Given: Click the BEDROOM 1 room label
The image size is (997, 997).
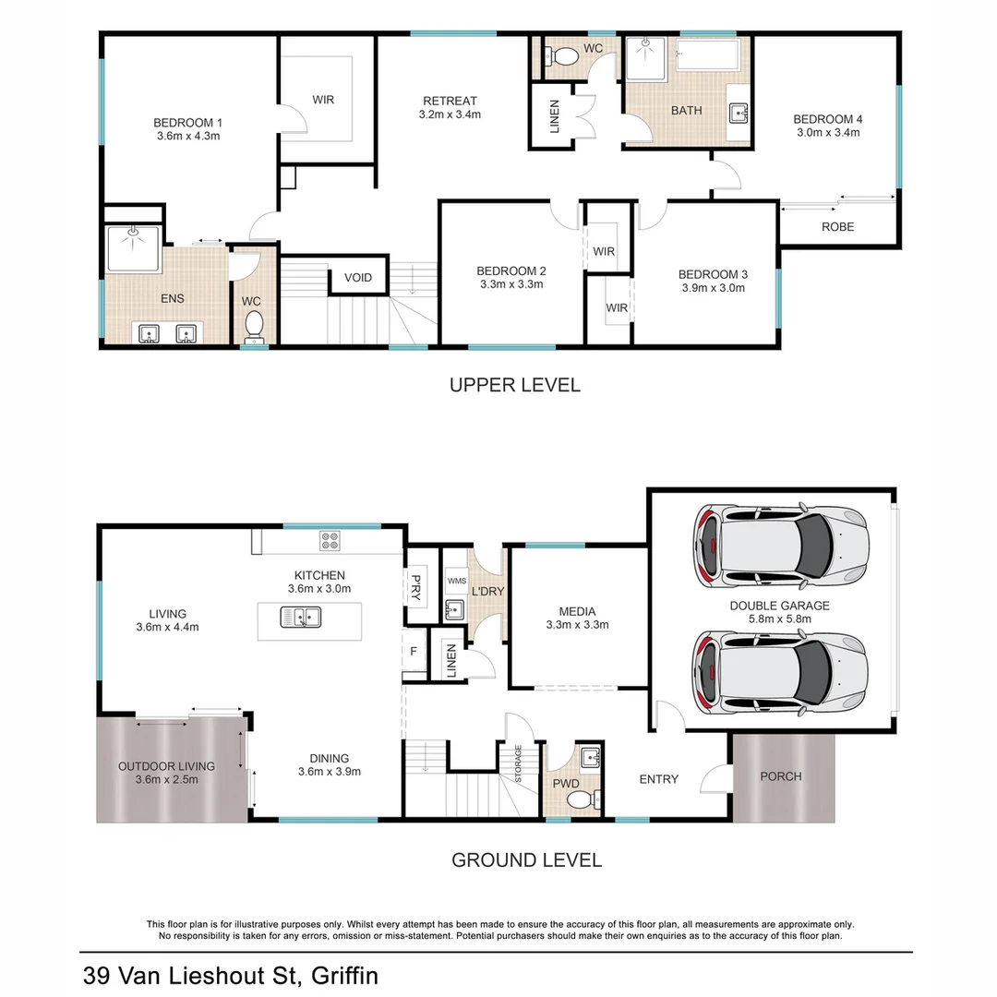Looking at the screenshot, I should pos(187,122).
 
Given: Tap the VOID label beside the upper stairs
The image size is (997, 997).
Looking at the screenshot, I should pos(358,278).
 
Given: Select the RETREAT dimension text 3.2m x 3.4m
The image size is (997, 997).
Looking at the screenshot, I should pos(450,115).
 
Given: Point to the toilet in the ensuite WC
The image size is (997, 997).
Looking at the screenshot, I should pos(254,326).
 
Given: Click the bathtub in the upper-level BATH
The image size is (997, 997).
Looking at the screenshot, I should pos(707,55).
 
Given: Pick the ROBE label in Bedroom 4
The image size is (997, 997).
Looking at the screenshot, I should pos(837,226).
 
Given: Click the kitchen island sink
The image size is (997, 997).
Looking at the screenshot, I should pos(301,618).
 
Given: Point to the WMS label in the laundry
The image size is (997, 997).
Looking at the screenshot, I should pos(456,581).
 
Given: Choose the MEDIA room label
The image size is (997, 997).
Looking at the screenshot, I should pos(577,610).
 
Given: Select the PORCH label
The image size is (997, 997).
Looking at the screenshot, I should pos(780,776).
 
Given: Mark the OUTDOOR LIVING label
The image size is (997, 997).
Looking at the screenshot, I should pos(166,765).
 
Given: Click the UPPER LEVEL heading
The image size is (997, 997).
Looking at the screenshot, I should pos(514,385).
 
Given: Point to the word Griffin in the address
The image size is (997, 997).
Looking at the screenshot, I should pos(344,976).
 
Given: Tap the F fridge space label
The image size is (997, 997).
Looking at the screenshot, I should pos(414,652).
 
